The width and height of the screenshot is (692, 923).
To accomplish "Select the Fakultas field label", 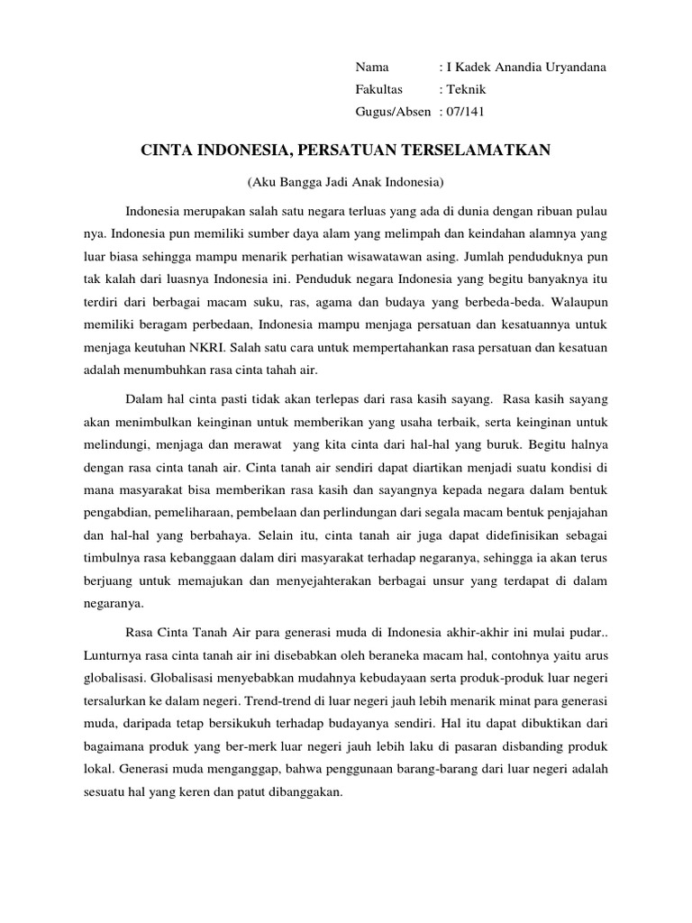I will coord(379,89).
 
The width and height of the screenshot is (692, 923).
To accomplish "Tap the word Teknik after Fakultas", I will coord(467,89).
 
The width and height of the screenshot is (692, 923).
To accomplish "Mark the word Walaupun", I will coord(579,302).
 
